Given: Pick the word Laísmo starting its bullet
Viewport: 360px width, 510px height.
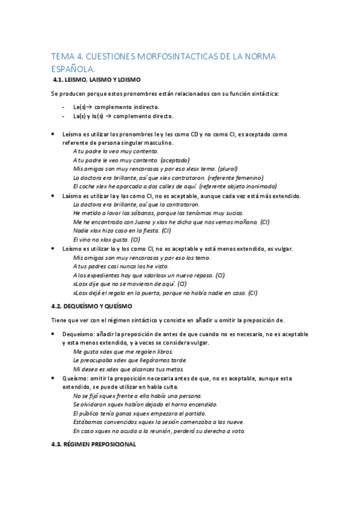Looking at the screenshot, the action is tap(72, 196).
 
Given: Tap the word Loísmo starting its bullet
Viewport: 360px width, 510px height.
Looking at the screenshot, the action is tap(72, 248).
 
